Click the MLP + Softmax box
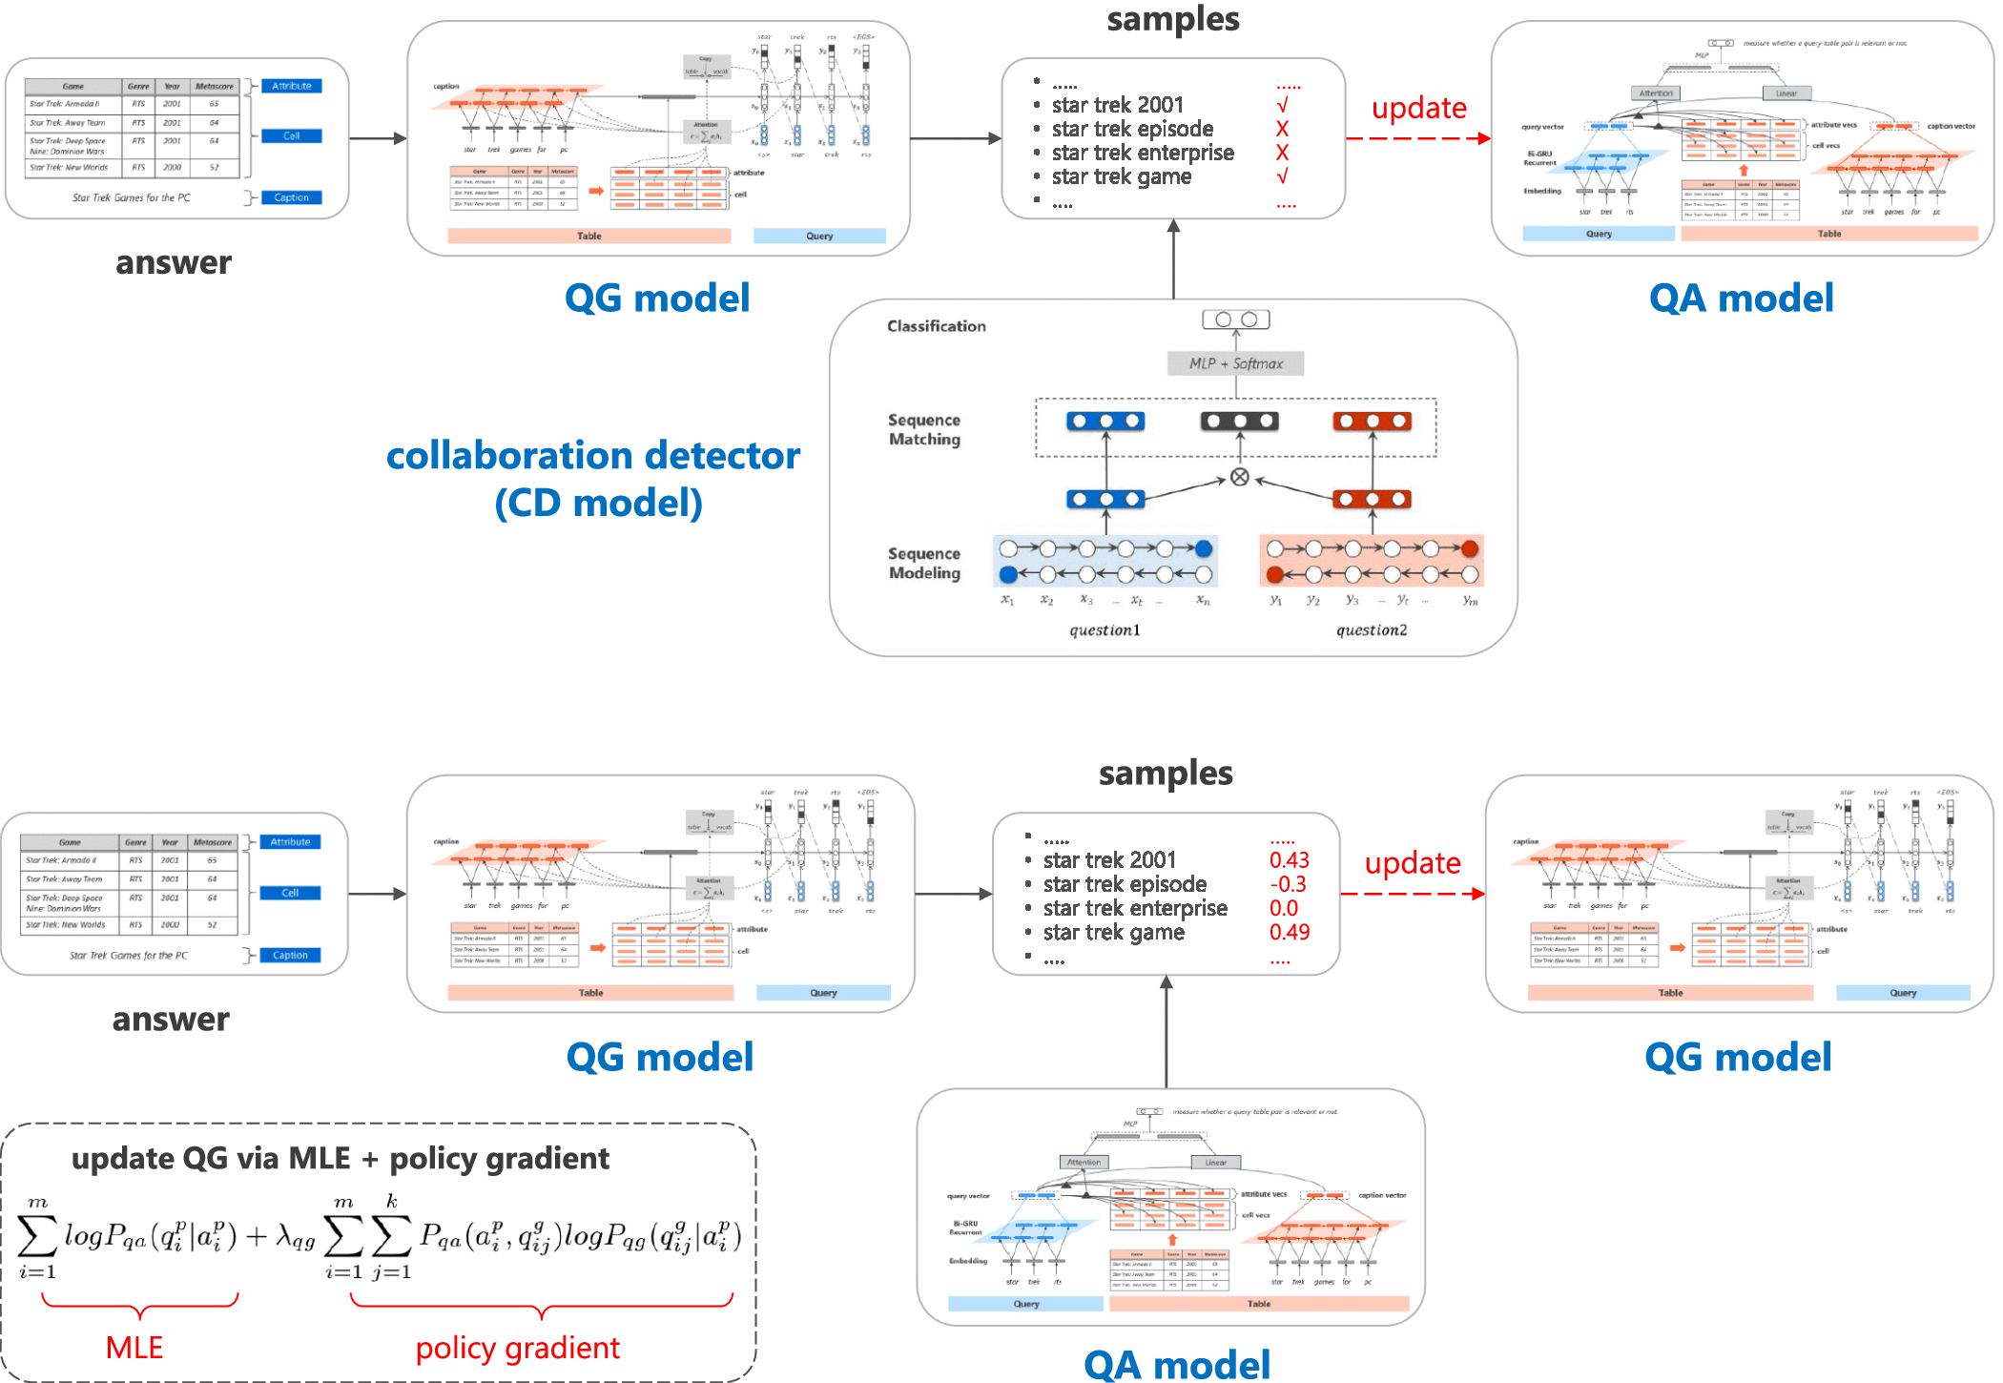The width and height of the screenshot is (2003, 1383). coord(1235,363)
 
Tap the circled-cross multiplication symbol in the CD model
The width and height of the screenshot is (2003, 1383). coord(1239,477)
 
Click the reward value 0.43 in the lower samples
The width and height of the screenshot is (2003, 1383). coord(1289,860)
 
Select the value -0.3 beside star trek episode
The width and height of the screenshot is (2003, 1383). coord(1288,884)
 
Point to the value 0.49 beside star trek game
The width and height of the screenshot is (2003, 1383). coord(1289,932)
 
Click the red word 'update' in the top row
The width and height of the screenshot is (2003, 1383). coord(1418,108)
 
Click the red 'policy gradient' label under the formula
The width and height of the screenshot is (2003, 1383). coord(517,1348)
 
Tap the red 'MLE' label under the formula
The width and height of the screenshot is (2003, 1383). coord(134,1348)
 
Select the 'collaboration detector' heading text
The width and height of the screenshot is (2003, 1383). coord(592,456)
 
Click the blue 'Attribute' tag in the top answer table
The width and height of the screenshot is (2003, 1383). coord(291,86)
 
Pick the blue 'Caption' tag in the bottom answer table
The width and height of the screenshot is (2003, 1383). coord(290,955)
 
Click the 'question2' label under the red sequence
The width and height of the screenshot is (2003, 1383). coord(1371,630)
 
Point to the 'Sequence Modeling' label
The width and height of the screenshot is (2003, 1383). coord(923,563)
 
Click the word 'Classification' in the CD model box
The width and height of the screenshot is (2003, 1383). coord(936,326)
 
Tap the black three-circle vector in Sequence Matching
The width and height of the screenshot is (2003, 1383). coord(1239,421)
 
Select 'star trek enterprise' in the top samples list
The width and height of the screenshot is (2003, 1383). coord(1143,153)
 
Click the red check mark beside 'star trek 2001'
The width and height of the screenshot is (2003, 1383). coord(1282,105)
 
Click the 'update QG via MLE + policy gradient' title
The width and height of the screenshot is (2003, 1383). coord(340,1158)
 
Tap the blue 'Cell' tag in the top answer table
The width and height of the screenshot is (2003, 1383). coord(291,136)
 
